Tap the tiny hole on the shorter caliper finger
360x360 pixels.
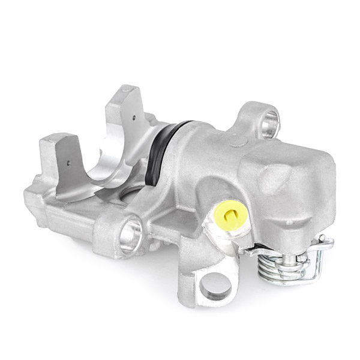(71, 162)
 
